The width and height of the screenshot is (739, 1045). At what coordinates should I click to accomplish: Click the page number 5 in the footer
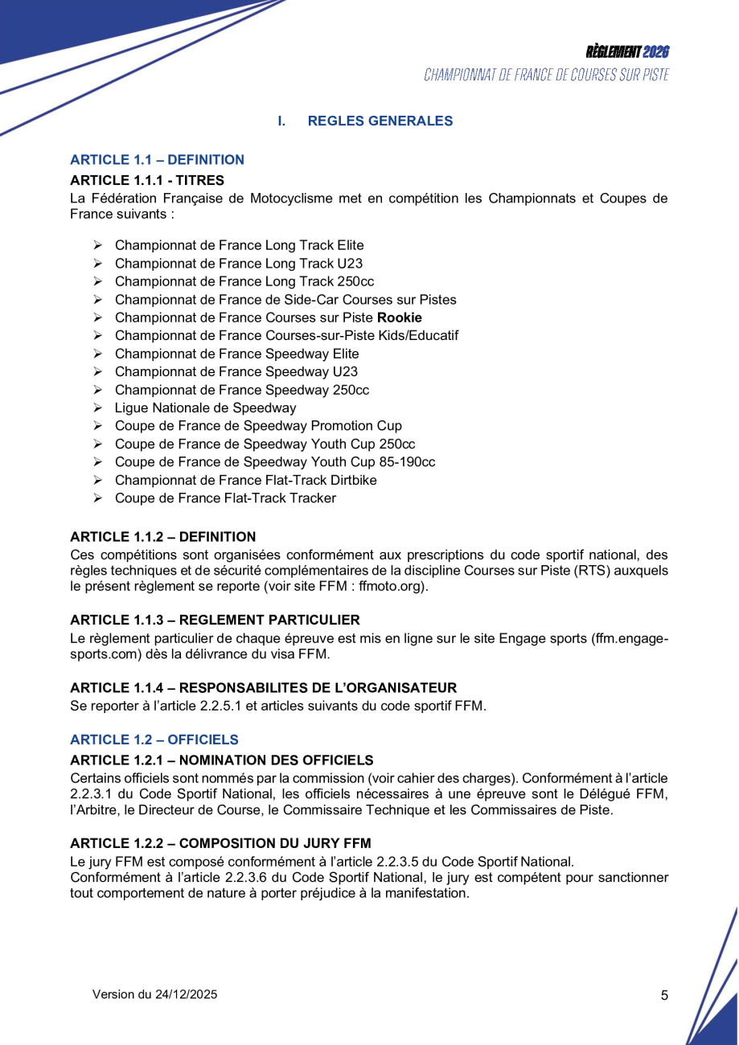(x=664, y=995)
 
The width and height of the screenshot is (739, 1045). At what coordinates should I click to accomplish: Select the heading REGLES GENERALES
(x=380, y=121)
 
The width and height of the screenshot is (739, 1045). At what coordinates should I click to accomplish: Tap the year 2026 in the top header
(x=656, y=52)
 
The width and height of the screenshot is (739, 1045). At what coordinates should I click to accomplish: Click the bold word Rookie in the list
(x=400, y=318)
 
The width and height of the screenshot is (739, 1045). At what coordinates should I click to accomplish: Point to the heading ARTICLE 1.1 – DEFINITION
(x=158, y=160)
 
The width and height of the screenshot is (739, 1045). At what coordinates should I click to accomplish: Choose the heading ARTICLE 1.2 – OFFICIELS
(x=154, y=740)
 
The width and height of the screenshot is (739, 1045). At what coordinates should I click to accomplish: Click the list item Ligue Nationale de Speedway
(x=205, y=408)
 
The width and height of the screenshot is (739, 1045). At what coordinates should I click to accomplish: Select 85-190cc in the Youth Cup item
(x=405, y=462)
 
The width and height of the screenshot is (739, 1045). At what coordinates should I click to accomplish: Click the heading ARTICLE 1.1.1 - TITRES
(x=147, y=180)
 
